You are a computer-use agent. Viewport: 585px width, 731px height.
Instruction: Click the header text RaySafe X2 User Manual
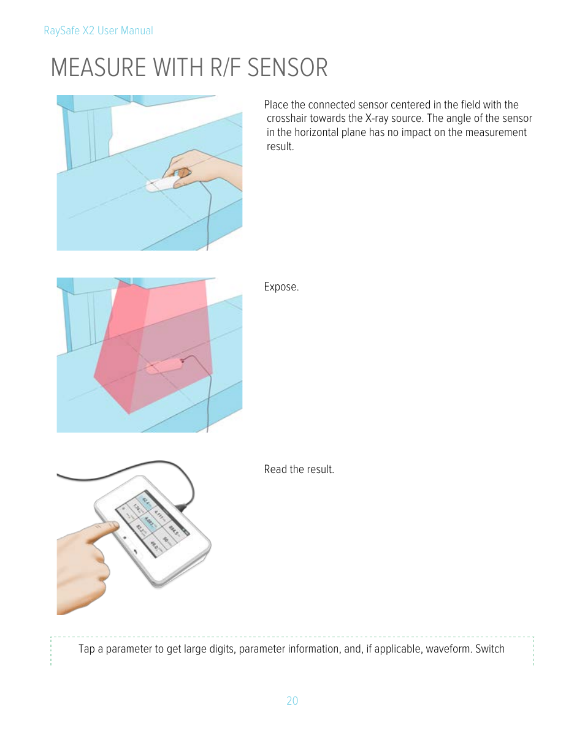tap(98, 31)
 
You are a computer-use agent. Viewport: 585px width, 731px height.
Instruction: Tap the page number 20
tap(292, 701)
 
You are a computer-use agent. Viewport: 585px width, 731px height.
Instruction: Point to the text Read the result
tap(299, 469)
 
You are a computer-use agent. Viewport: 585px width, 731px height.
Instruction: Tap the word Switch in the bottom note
tap(490, 649)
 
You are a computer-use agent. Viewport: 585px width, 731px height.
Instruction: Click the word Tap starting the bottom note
tap(86, 649)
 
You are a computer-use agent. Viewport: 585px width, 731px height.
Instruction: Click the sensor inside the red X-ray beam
tap(164, 365)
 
